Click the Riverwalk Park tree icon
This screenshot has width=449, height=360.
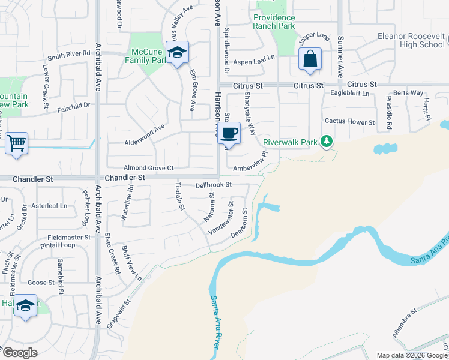tap(327, 142)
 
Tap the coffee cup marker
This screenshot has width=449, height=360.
tap(229, 133)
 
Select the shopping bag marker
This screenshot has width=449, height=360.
tap(310, 59)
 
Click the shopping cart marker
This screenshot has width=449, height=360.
tap(17, 143)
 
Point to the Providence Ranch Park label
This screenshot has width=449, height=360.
tap(274, 22)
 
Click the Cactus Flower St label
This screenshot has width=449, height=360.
tap(349, 122)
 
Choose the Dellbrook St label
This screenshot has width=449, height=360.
tap(214, 185)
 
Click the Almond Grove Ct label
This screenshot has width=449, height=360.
tap(148, 168)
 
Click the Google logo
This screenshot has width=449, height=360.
tap(20, 353)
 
